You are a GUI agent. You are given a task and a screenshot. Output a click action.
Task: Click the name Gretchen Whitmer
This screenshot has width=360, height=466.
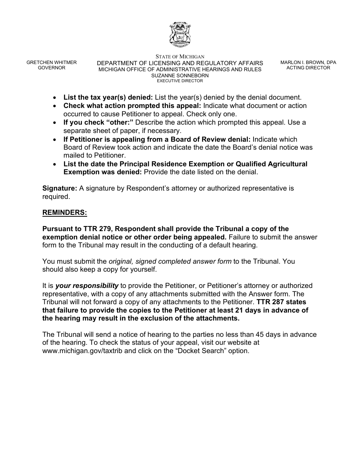[52, 63]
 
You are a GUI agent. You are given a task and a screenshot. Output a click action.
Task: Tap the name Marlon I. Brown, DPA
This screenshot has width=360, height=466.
[308, 63]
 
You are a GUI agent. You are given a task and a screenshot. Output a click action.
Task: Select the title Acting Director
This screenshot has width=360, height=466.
[308, 68]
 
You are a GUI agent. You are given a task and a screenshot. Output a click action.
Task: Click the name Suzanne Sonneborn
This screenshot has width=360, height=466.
[180, 75]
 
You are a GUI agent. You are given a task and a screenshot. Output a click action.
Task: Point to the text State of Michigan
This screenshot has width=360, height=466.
[180, 57]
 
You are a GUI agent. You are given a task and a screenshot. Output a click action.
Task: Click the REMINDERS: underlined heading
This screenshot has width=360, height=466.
[65, 213]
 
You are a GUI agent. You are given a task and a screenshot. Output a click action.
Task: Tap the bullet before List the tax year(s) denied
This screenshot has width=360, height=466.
[56, 97]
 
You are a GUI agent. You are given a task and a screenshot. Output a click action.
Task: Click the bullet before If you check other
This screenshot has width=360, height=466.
[56, 123]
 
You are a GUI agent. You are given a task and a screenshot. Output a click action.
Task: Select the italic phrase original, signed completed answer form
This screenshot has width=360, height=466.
[170, 261]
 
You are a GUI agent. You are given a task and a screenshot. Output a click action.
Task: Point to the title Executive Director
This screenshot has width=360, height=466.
[180, 81]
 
